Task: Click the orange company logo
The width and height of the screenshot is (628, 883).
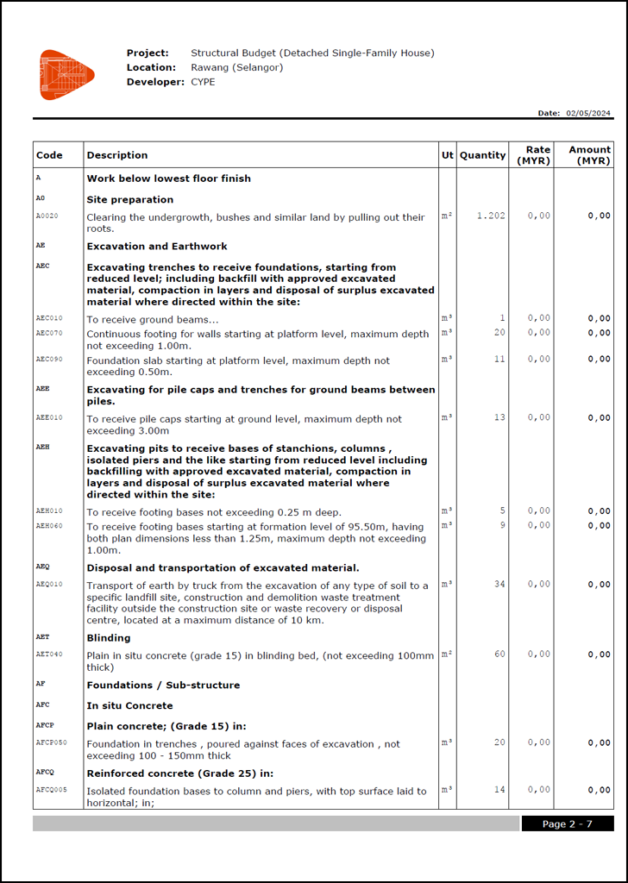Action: pos(66,74)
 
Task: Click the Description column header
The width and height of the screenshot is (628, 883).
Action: pos(117,155)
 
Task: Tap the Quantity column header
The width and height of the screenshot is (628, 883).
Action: pos(482,155)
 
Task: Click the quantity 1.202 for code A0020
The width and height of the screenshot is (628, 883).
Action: pos(491,216)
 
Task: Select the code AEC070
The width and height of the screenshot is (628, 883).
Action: pos(49,333)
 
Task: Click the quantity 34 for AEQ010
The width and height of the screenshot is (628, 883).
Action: pos(499,584)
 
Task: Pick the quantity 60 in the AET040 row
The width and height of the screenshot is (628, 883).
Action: pos(499,654)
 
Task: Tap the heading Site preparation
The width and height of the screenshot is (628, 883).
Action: pos(129,199)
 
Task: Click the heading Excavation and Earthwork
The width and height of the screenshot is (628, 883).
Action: pos(157,246)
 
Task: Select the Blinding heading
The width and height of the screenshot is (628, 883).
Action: pos(109,638)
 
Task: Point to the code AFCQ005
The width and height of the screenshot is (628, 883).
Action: pos(51,790)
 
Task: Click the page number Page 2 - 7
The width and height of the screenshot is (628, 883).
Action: pos(567,824)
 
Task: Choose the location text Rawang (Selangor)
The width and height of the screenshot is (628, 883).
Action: pos(236,67)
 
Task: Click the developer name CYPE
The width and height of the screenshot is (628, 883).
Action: pos(203,82)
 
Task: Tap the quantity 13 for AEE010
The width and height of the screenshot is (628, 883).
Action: pos(499,417)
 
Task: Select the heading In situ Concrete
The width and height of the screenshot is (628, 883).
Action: pos(129,705)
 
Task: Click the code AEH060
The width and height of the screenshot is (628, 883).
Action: pos(49,525)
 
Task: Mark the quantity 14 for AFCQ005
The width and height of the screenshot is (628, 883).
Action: pos(499,790)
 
